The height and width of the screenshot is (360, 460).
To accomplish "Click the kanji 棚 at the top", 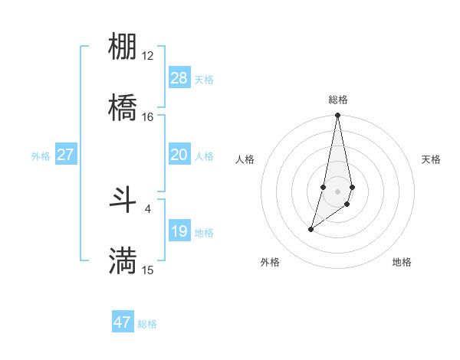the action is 123,47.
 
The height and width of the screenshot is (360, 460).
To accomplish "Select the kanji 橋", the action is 123,107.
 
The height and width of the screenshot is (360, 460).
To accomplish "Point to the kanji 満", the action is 123,260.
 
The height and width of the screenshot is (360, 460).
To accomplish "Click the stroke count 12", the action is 148,56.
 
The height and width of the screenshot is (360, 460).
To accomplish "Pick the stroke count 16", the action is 148,117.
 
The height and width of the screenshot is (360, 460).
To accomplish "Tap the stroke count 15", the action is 148,270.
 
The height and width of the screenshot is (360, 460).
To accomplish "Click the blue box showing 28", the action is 179,78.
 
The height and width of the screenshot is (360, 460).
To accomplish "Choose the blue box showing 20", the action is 179,155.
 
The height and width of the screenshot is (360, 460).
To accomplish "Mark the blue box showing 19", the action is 179,231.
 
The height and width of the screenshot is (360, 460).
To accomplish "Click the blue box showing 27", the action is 66,155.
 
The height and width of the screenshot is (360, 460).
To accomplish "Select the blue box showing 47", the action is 123,322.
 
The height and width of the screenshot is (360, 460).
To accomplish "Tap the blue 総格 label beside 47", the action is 147,324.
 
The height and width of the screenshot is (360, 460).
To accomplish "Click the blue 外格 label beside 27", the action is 41,156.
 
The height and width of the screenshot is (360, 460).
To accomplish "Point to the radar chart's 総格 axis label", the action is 337,100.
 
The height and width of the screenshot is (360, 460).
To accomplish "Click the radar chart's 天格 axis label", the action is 432,159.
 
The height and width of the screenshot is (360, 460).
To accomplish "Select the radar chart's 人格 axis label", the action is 245,159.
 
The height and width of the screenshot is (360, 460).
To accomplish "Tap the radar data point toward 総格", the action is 337,116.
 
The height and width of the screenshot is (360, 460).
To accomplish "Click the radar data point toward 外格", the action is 310,229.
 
